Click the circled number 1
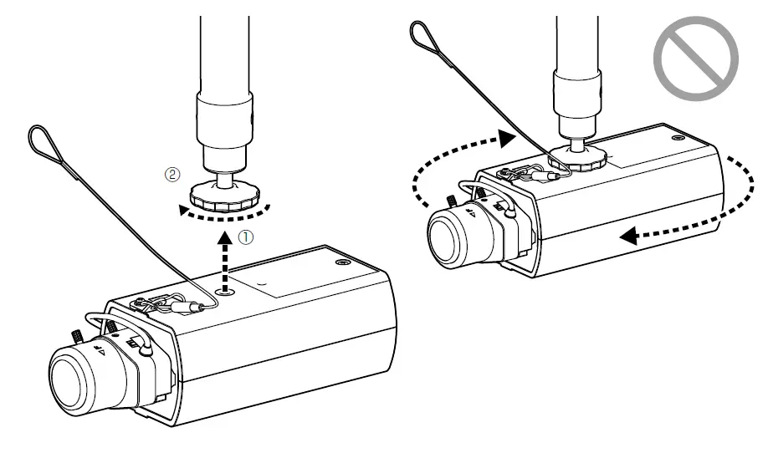245,237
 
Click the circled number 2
173,176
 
